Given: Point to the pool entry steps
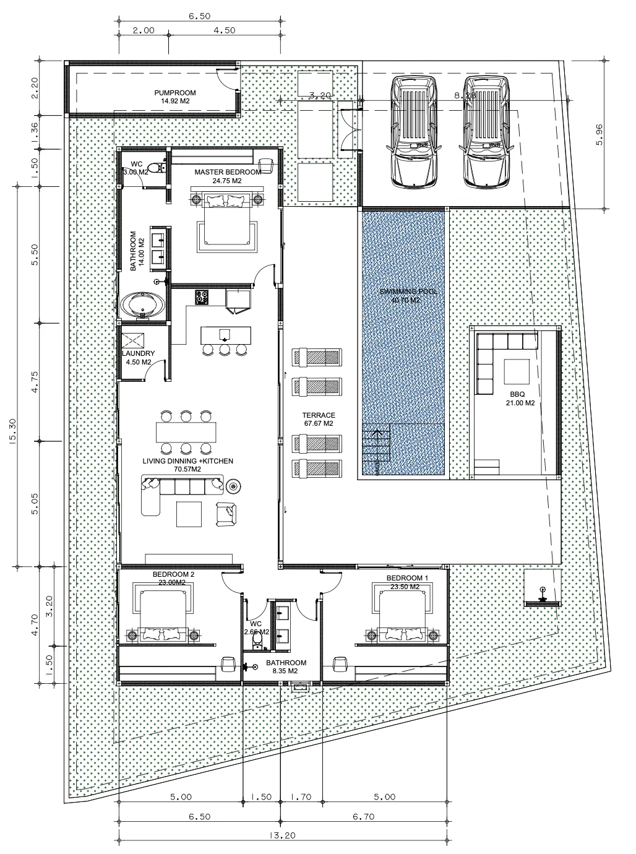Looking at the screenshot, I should click(x=376, y=449).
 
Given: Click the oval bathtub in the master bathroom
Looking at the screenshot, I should click(x=143, y=305).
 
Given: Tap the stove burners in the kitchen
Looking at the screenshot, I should click(x=202, y=297).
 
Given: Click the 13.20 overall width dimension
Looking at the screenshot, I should click(x=281, y=835).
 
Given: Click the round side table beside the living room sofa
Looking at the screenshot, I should click(x=233, y=486).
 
